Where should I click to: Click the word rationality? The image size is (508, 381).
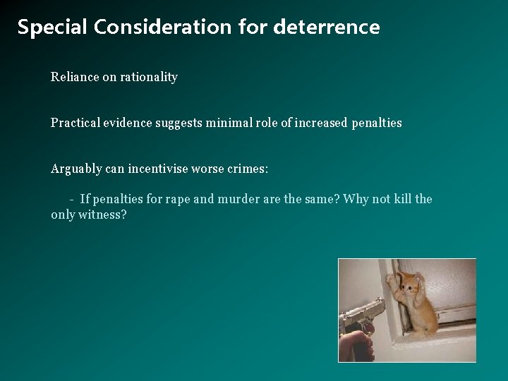coord(149,77)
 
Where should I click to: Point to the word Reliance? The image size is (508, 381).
coord(74,77)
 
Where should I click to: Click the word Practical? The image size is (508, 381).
coord(75,123)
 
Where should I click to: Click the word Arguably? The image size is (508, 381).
coord(77,169)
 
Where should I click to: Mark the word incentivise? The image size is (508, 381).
coord(159,169)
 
